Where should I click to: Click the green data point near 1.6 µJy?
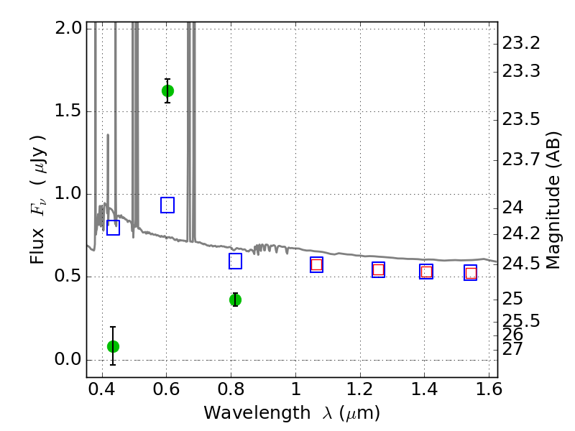pyautogui.click(x=167, y=91)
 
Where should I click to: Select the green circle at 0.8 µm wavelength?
pyautogui.click(x=236, y=300)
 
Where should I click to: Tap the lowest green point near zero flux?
pyautogui.click(x=113, y=346)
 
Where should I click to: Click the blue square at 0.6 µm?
pyautogui.click(x=167, y=205)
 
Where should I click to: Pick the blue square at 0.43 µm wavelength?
pyautogui.click(x=113, y=228)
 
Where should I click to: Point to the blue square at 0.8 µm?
pyautogui.click(x=236, y=261)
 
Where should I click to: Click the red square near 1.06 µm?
pyautogui.click(x=316, y=264)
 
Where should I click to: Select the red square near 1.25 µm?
pyautogui.click(x=379, y=270)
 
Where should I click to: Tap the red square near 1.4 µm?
pyautogui.click(x=426, y=272)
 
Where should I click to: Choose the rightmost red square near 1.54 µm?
pyautogui.click(x=471, y=273)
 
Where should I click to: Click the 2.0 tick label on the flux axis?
pyautogui.click(x=68, y=28)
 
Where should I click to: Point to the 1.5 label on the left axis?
pyautogui.click(x=68, y=111)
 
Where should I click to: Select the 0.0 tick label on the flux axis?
pyautogui.click(x=68, y=359)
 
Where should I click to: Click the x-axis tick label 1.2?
pyautogui.click(x=360, y=389)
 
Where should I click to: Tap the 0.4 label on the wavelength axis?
pyautogui.click(x=102, y=389)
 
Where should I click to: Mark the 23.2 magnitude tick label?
pyautogui.click(x=520, y=43)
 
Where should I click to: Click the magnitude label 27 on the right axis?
pyautogui.click(x=512, y=348)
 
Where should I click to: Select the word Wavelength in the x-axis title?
pyautogui.click(x=257, y=413)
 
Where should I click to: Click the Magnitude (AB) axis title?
pyautogui.click(x=553, y=200)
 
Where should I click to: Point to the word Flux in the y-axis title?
pyautogui.click(x=37, y=246)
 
